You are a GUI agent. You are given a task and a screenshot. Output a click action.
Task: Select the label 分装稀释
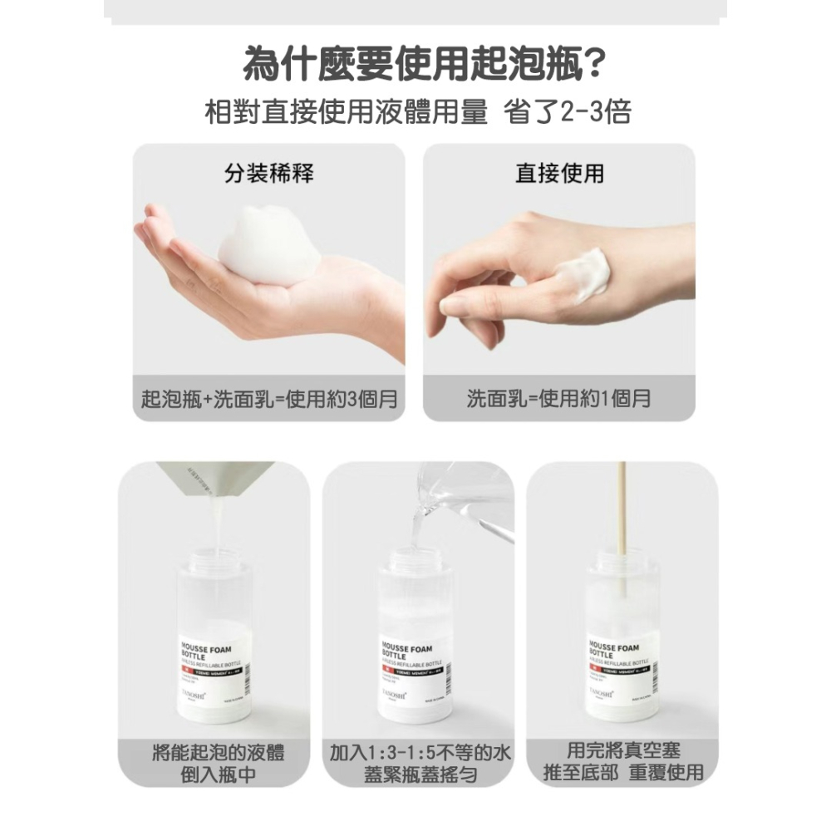[269, 173]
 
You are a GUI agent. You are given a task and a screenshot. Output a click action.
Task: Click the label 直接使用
[559, 173]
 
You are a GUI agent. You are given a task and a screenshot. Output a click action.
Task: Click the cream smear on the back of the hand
[583, 271]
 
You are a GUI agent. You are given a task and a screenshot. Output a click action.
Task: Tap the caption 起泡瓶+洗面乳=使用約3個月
[269, 400]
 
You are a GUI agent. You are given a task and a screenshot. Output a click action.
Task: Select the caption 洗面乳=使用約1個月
[558, 400]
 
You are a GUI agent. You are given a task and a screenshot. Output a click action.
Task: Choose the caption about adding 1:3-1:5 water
[420, 764]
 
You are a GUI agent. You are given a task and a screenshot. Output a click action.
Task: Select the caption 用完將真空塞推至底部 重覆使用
[622, 762]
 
